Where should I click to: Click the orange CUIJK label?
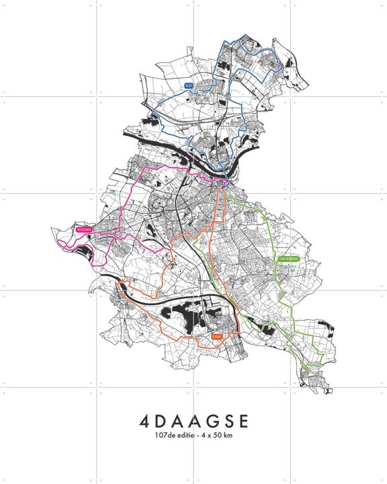[216, 336]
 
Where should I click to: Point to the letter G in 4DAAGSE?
[209, 422]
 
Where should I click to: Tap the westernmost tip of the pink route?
[59, 235]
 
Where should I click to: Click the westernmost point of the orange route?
[118, 286]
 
